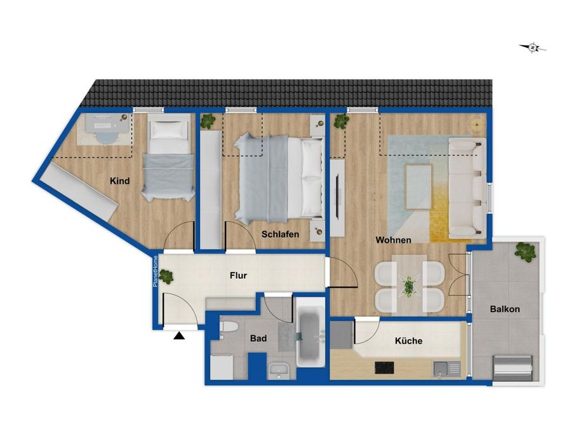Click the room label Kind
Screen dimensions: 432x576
pyautogui.click(x=119, y=181)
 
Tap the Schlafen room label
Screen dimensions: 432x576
pyautogui.click(x=280, y=234)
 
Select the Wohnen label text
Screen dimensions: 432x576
pyautogui.click(x=393, y=240)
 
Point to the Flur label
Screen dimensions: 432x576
pyautogui.click(x=238, y=276)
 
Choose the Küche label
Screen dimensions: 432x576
pyautogui.click(x=408, y=341)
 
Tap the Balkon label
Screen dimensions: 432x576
pyautogui.click(x=505, y=309)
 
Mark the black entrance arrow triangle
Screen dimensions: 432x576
pyautogui.click(x=180, y=335)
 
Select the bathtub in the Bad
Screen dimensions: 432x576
pyautogui.click(x=311, y=336)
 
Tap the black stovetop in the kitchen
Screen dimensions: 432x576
pyautogui.click(x=384, y=367)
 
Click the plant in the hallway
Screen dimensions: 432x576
pyautogui.click(x=167, y=276)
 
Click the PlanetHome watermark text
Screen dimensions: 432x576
pyautogui.click(x=155, y=271)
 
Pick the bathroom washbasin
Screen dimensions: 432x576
pyautogui.click(x=278, y=370)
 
